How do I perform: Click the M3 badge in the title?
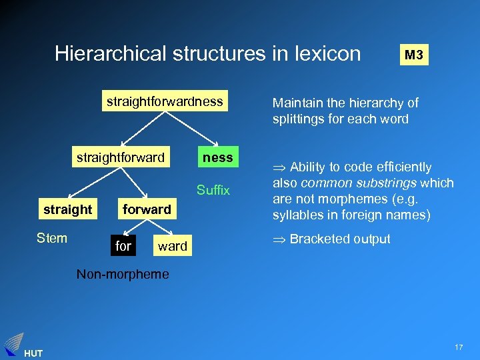click(x=413, y=55)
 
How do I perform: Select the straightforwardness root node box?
click(x=164, y=101)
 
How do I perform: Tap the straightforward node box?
click(x=120, y=157)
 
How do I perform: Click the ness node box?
click(x=217, y=157)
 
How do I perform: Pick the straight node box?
click(x=67, y=209)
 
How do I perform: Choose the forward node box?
click(x=147, y=209)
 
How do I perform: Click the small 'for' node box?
click(x=123, y=246)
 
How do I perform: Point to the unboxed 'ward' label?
click(x=172, y=246)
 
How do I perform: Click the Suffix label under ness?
click(x=213, y=190)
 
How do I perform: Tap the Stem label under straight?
click(x=52, y=237)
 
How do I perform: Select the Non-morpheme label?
click(x=123, y=273)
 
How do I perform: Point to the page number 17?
click(x=459, y=348)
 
